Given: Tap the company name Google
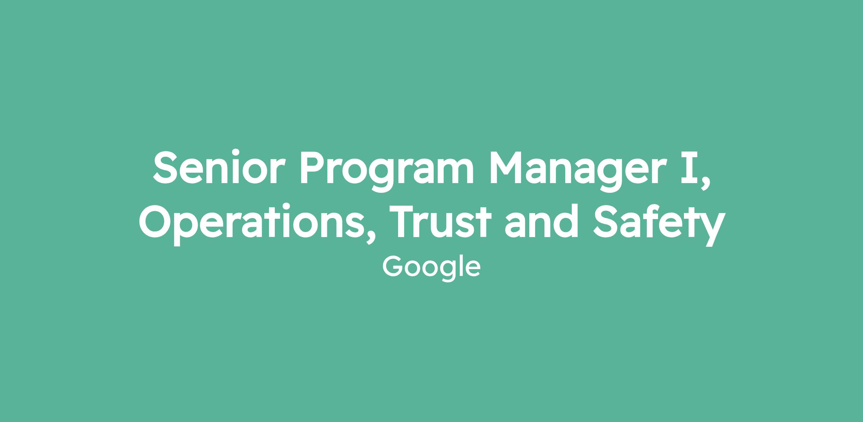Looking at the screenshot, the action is pos(431,268).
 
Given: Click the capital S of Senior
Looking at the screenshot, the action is pos(167,167).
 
